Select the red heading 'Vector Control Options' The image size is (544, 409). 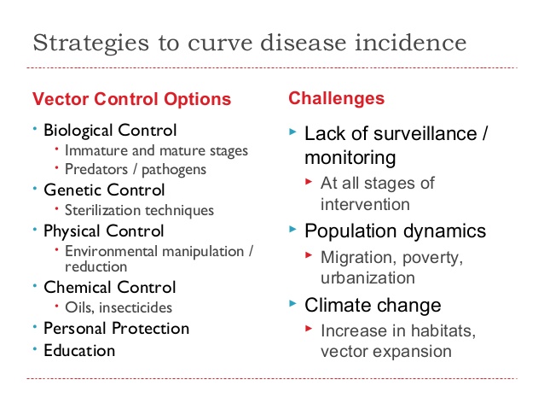click(131, 99)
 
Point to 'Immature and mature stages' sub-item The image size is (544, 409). click(156, 150)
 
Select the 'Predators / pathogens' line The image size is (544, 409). click(136, 169)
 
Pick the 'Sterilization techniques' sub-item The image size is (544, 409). click(139, 209)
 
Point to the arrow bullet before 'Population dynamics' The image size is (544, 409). click(293, 231)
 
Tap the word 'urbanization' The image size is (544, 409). click(367, 278)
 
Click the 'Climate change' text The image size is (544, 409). click(373, 305)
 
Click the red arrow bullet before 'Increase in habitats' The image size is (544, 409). click(310, 330)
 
